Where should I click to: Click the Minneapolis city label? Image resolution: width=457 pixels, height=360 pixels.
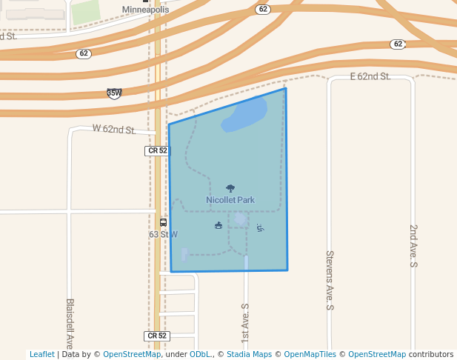click(x=145, y=10)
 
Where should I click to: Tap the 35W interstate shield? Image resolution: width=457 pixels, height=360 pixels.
click(x=114, y=93)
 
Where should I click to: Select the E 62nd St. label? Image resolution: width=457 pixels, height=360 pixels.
click(x=370, y=76)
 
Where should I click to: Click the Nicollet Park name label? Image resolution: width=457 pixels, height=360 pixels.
click(x=230, y=200)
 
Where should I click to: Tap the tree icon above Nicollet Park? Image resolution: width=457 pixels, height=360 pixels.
click(x=230, y=189)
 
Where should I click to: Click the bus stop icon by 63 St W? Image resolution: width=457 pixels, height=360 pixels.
click(x=164, y=222)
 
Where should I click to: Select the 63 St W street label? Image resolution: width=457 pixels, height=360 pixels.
click(x=163, y=234)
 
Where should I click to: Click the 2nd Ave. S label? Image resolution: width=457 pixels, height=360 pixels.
click(x=414, y=245)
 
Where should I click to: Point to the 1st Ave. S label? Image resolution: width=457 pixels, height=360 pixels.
click(x=245, y=321)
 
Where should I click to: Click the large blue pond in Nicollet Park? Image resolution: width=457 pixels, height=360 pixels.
click(x=245, y=116)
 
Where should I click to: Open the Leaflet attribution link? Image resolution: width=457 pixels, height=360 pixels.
click(x=42, y=354)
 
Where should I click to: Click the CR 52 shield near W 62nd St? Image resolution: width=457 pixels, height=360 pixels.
click(x=157, y=150)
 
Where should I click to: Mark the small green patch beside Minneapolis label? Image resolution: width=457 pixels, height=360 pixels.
click(x=85, y=12)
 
